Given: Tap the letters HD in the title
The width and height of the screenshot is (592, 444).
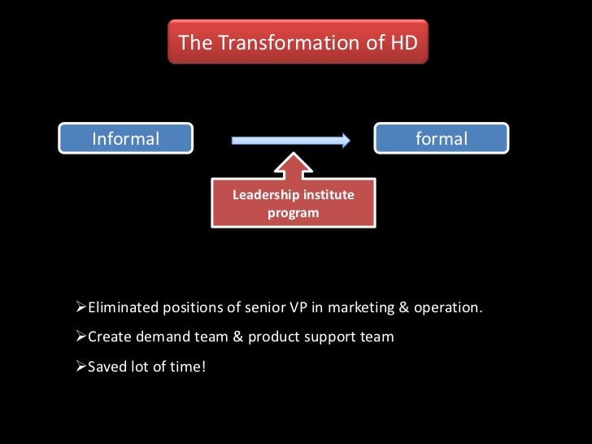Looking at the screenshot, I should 404,42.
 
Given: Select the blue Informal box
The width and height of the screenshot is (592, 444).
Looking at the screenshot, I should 125,139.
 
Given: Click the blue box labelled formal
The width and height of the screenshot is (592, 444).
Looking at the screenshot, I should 441,139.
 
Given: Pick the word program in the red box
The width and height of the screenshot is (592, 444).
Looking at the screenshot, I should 293,213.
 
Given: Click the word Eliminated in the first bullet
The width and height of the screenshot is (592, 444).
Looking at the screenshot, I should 124,307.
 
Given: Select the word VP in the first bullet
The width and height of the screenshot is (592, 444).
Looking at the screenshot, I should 299,307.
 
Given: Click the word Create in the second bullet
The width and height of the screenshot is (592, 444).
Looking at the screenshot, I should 108,337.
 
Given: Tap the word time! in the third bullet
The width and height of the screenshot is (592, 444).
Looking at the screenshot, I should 188,366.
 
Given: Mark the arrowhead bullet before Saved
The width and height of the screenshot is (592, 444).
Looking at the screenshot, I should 80,366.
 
